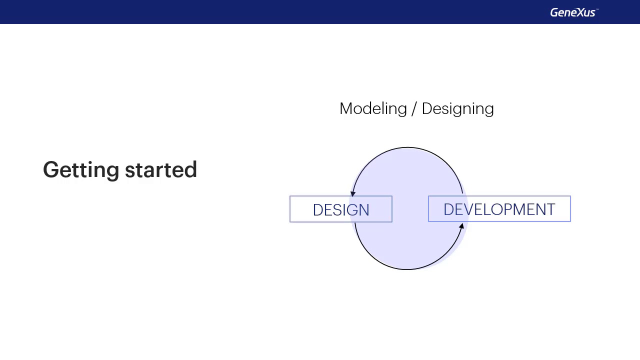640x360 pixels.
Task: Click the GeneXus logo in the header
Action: coord(573,12)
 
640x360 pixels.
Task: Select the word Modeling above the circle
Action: coord(373,109)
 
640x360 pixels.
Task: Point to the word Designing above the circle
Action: coord(457,109)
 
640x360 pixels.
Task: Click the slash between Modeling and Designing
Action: coord(414,109)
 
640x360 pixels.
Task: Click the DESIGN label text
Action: coord(341,210)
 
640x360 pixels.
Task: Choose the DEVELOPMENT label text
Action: coord(499,209)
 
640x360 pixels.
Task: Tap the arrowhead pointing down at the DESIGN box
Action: coord(353,193)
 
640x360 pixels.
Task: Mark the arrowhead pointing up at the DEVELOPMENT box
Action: coord(461,226)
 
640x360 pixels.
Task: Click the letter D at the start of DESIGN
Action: coord(317,210)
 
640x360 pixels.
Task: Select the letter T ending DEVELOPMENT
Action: coord(551,209)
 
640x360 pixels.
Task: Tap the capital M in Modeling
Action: coord(346,108)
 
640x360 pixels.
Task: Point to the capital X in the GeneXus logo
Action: coord(575,12)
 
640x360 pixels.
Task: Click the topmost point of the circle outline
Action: coord(407,147)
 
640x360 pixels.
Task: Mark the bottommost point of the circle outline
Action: coord(407,269)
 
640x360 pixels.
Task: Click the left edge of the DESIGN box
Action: coord(290,209)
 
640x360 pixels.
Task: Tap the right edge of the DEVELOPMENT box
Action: coord(570,209)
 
